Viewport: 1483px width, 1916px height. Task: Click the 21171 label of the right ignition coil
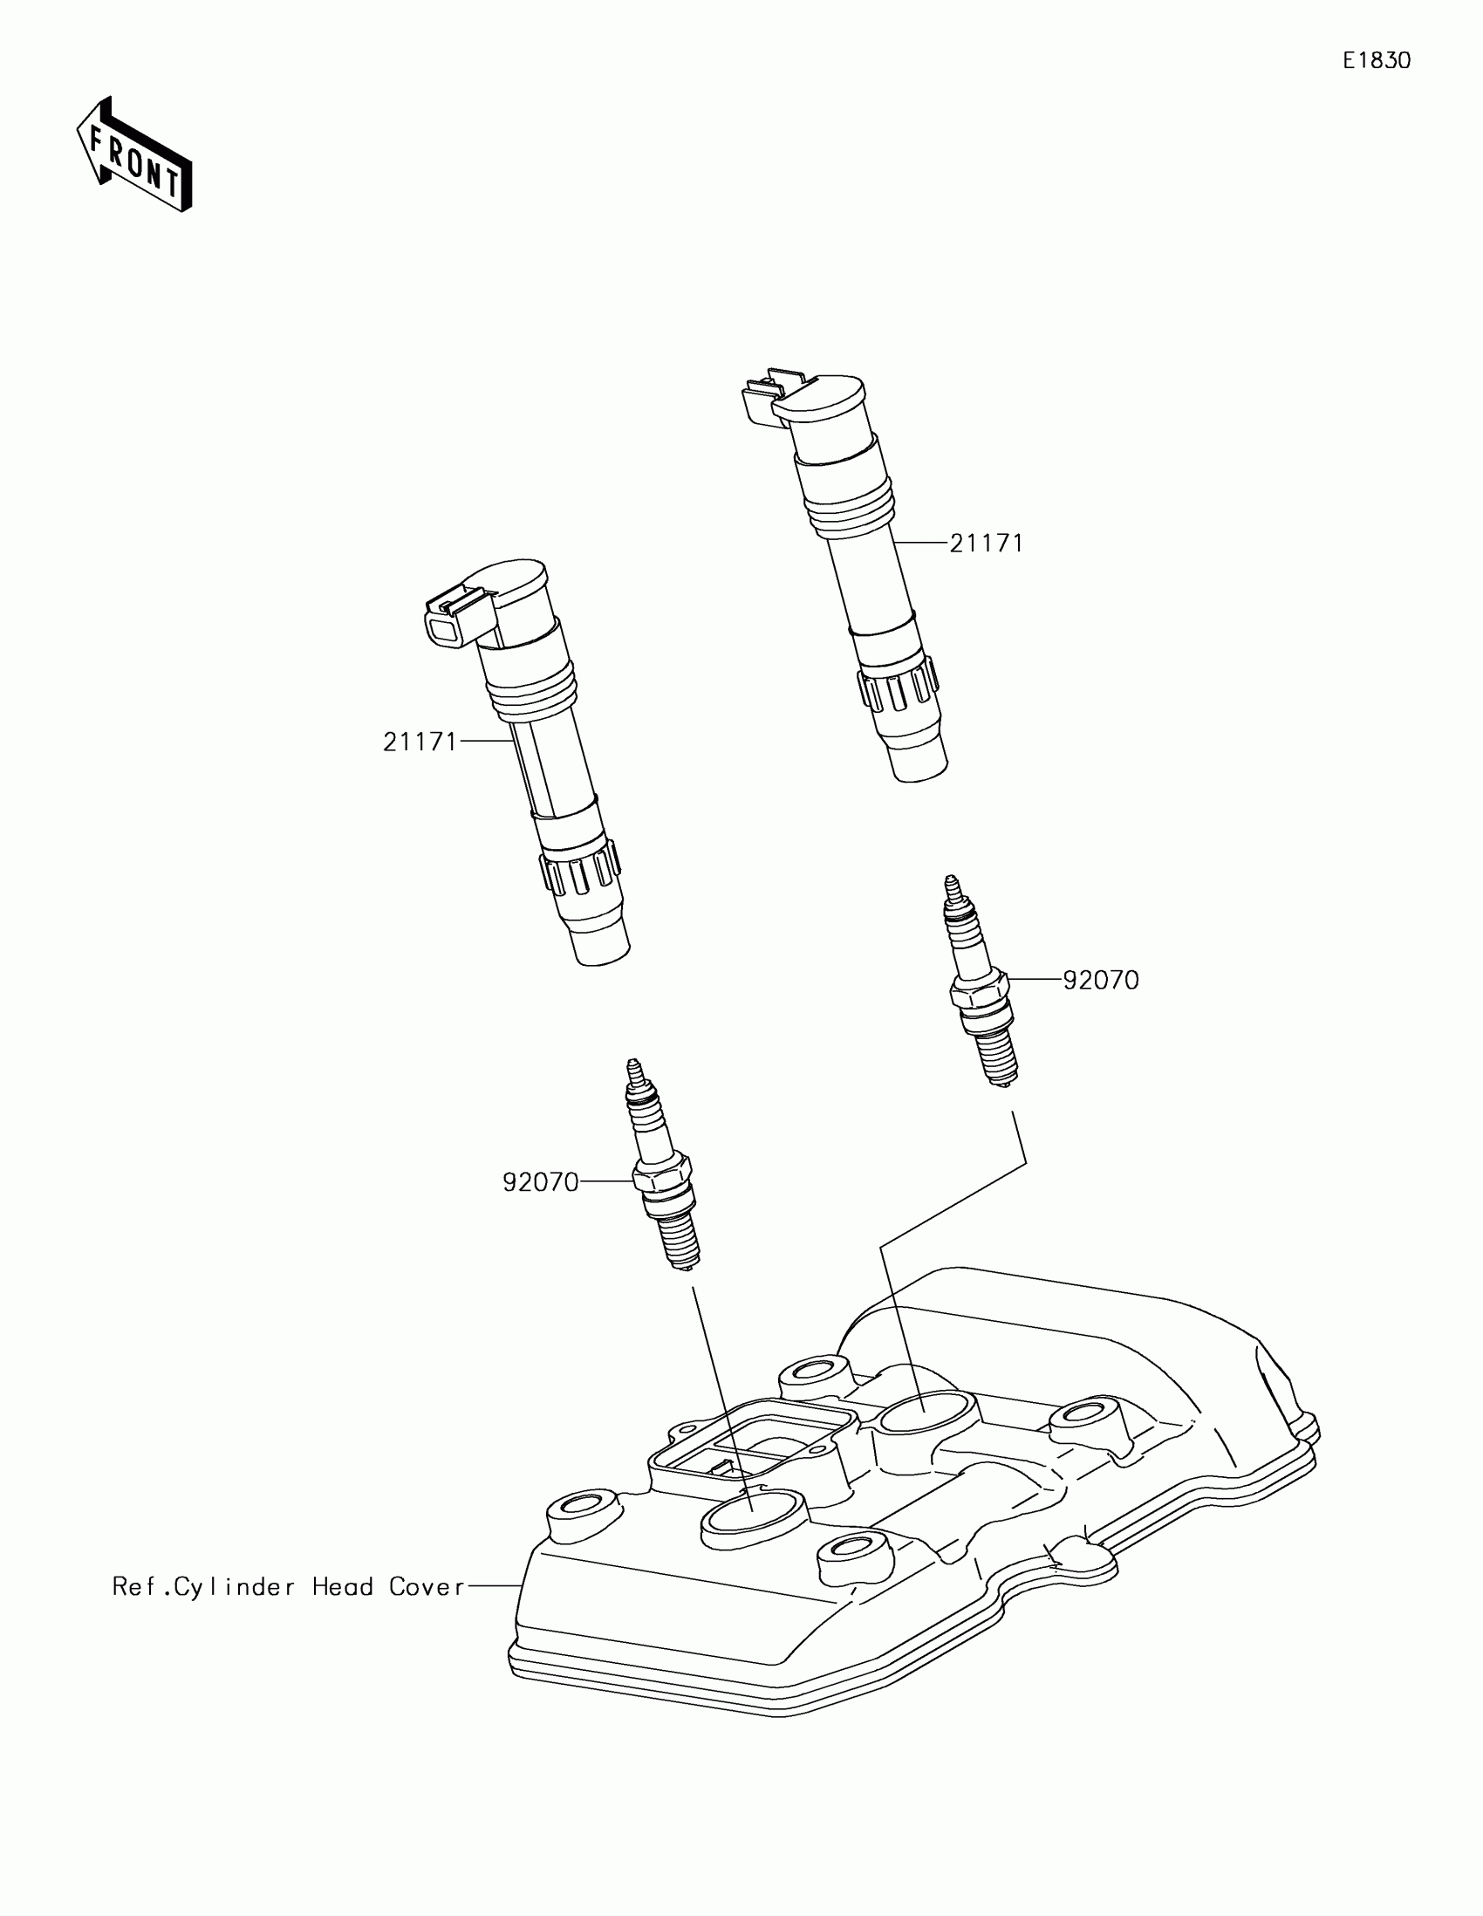click(x=987, y=544)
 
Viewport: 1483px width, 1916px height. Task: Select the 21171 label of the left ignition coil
click(x=420, y=742)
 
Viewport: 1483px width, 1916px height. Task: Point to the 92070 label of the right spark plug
click(x=1101, y=980)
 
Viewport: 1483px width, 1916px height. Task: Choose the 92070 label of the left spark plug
click(x=540, y=1182)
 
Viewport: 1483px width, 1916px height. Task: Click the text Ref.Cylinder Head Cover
click(x=289, y=1586)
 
